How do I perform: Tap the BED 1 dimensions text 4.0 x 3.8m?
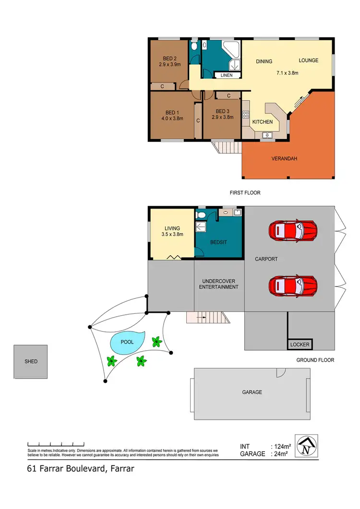173,118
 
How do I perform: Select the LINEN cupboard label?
227,75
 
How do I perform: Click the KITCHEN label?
263,122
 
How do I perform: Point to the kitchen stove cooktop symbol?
245,115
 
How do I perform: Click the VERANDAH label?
283,158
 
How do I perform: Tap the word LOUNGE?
309,60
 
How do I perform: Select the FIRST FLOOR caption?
245,193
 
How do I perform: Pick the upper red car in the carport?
293,231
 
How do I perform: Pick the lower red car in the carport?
293,286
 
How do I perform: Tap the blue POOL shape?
127,342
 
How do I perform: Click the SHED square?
31,361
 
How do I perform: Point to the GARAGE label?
252,392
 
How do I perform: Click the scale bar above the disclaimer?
57,443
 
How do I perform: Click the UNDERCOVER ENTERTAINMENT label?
220,284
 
